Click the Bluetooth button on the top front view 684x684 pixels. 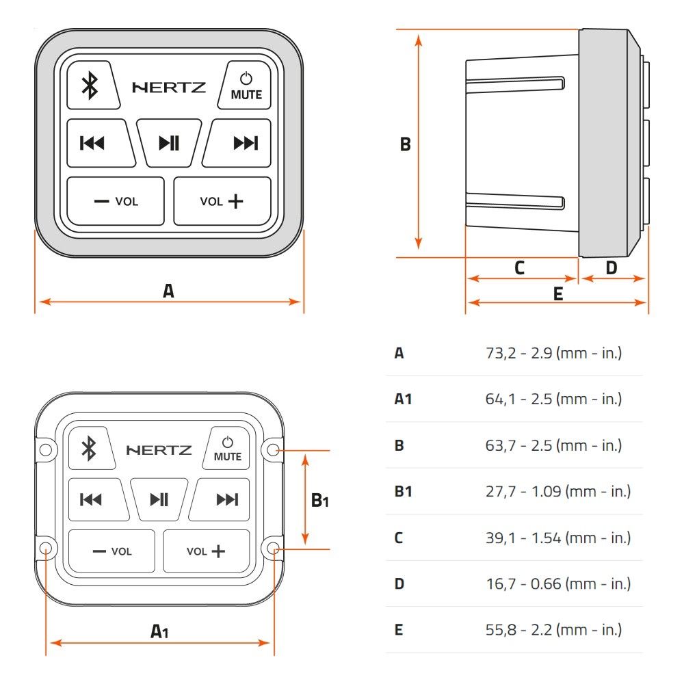(92, 85)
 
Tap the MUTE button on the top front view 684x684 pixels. (245, 85)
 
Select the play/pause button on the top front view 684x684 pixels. (169, 143)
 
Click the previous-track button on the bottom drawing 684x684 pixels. (98, 499)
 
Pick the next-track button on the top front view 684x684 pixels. (238, 143)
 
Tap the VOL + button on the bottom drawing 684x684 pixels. (207, 551)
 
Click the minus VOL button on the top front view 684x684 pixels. (116, 201)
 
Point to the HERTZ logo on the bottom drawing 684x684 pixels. (159, 450)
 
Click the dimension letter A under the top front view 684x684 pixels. (168, 291)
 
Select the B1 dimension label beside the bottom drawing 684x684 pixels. (319, 501)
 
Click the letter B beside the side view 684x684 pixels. (405, 144)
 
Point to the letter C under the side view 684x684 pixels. (519, 268)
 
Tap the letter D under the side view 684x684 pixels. (611, 268)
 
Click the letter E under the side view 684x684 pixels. (558, 294)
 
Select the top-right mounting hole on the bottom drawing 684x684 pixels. (273, 450)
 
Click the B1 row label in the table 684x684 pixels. (403, 492)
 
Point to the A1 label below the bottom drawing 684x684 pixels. (159, 631)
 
